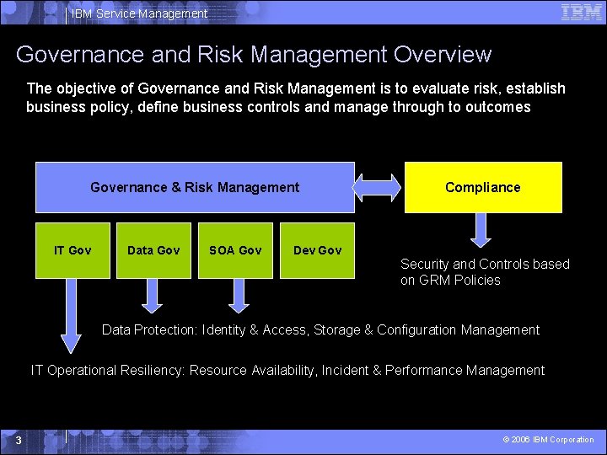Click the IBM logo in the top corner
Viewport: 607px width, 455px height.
pyautogui.click(x=582, y=12)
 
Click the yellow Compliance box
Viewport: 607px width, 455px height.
pyautogui.click(x=483, y=187)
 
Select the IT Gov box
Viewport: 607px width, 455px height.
pyautogui.click(x=73, y=250)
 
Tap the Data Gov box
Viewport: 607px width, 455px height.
pyautogui.click(x=153, y=250)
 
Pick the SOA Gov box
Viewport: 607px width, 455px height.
pyautogui.click(x=235, y=250)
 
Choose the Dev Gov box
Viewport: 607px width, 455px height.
pyautogui.click(x=317, y=250)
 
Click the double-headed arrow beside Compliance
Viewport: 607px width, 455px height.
pyautogui.click(x=379, y=186)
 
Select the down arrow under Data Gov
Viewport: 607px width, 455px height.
pyautogui.click(x=153, y=295)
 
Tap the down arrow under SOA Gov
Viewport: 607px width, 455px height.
pyautogui.click(x=239, y=295)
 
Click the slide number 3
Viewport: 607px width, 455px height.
pyautogui.click(x=19, y=440)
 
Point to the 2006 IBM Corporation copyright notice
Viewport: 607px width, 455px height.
pyautogui.click(x=548, y=440)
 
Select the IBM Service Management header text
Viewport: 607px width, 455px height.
pyautogui.click(x=139, y=13)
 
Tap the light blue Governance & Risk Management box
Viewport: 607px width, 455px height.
pyautogui.click(x=195, y=187)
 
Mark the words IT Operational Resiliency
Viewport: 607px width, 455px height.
pyautogui.click(x=108, y=371)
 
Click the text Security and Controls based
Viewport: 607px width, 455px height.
pyautogui.click(x=485, y=265)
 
